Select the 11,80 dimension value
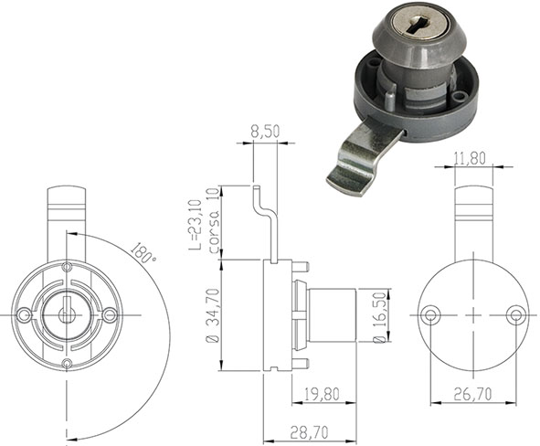coord(471,157)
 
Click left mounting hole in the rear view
coord(430,314)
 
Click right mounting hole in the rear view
coord(515,314)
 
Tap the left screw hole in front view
coord(26,314)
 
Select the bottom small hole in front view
coord(68,365)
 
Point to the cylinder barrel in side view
coord(334,314)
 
